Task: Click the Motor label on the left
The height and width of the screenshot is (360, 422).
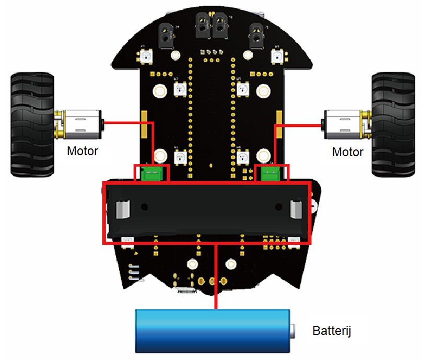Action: [83, 152]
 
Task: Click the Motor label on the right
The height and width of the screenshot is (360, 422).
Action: [348, 152]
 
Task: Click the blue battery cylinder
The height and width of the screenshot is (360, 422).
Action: [212, 331]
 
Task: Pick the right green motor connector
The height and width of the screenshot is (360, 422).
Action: [271, 175]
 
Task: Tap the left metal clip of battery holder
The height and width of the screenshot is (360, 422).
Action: [121, 210]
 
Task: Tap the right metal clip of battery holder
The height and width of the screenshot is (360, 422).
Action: [296, 210]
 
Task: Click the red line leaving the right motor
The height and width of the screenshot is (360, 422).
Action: [298, 125]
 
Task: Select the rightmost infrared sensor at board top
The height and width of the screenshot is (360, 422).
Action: [257, 33]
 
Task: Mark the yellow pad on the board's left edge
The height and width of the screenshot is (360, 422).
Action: [143, 124]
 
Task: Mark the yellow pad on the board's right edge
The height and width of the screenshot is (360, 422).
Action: [280, 124]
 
